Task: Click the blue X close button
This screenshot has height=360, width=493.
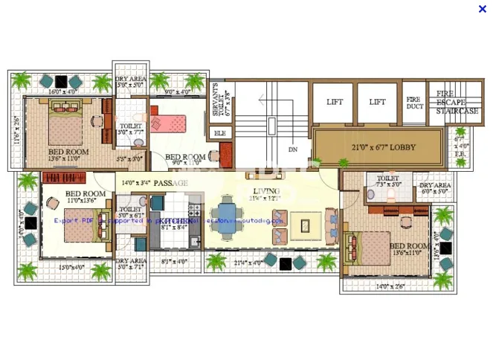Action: coord(483,9)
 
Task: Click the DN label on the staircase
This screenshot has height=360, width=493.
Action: coord(293,150)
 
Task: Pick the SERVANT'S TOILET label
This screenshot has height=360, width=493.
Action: coord(216,104)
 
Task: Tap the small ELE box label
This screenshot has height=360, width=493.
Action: coord(219,132)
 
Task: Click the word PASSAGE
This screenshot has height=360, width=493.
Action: coord(170,182)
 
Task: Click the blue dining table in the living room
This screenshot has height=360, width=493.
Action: coord(227,212)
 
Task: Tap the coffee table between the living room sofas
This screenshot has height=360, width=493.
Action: coord(305,225)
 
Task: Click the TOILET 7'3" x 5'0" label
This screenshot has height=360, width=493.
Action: coord(387,182)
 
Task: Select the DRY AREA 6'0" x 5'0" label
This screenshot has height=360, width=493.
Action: coord(435,188)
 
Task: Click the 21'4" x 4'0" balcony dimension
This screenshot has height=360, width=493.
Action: coord(248,262)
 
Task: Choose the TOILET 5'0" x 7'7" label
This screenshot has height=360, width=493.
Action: coord(131,129)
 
